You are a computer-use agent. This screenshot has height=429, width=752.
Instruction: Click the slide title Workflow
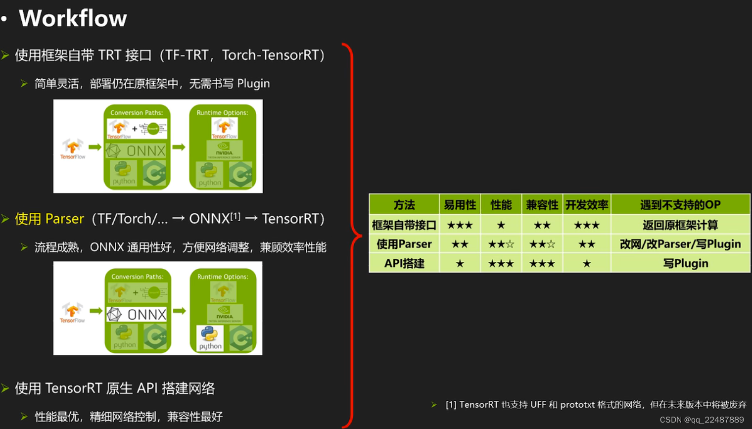click(73, 18)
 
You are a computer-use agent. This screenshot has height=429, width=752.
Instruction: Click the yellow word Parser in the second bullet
click(64, 219)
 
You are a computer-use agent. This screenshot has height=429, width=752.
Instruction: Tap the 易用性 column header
click(460, 205)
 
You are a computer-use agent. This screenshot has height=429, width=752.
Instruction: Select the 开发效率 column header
click(587, 205)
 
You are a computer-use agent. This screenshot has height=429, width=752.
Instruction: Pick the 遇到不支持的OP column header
click(680, 205)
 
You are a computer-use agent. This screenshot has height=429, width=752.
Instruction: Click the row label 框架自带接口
click(404, 225)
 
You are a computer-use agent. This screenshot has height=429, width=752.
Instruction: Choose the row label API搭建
click(404, 263)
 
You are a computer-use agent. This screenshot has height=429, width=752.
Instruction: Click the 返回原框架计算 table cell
click(680, 225)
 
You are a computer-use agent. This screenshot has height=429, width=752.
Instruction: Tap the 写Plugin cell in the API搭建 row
click(685, 263)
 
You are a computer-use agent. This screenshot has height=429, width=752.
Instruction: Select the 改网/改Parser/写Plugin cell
click(680, 244)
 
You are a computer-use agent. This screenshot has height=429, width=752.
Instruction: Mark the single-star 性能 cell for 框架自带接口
click(501, 225)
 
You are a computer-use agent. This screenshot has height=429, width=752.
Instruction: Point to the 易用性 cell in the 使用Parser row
click(460, 244)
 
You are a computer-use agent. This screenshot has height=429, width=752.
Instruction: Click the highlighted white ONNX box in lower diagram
click(137, 314)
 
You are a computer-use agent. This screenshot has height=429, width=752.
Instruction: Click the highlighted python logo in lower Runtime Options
click(210, 337)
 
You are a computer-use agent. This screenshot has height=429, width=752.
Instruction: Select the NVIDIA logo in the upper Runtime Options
click(224, 149)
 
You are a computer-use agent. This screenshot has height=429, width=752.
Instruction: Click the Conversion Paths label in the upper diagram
click(137, 113)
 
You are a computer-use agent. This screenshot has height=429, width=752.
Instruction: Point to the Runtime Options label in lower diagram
click(223, 277)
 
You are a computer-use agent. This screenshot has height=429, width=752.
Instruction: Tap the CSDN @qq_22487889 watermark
click(702, 420)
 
